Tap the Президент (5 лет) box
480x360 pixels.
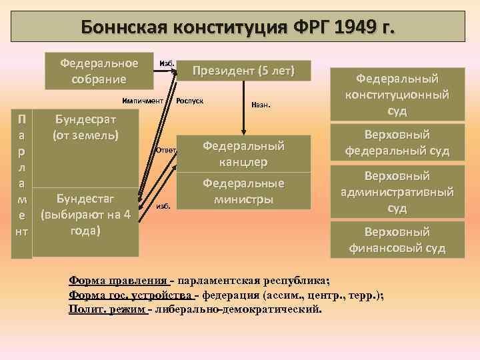pyautogui.click(x=243, y=70)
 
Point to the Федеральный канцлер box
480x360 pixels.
pyautogui.click(x=243, y=153)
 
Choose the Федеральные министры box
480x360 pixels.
pyautogui.click(x=243, y=191)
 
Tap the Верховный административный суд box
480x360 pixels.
pyautogui.click(x=397, y=192)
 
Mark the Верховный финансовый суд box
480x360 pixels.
pyautogui.click(x=397, y=241)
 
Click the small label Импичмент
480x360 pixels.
pyautogui.click(x=143, y=101)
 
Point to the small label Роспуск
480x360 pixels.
pyautogui.click(x=189, y=101)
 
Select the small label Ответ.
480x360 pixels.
pyautogui.click(x=165, y=150)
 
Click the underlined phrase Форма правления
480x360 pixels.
pyautogui.click(x=118, y=279)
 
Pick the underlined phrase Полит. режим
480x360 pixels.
pyautogui.click(x=107, y=309)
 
